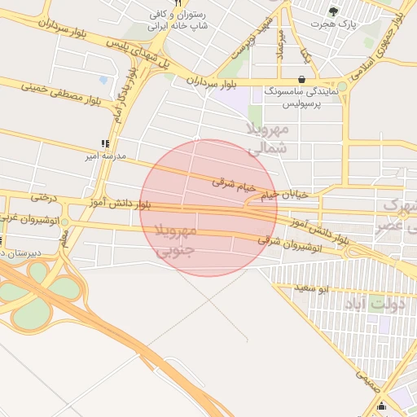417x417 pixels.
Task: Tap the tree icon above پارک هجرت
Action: click(332, 11)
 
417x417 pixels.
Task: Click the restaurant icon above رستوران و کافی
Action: click(178, 3)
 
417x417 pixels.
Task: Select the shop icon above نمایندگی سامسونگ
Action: click(303, 80)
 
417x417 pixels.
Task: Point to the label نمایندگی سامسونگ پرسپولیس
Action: click(303, 99)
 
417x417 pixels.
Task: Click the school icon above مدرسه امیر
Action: click(104, 143)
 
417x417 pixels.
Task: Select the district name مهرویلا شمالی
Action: click(267, 138)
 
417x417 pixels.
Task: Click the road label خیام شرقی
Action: click(234, 185)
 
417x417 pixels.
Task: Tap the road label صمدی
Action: click(365, 375)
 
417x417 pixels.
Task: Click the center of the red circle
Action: click(208, 208)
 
